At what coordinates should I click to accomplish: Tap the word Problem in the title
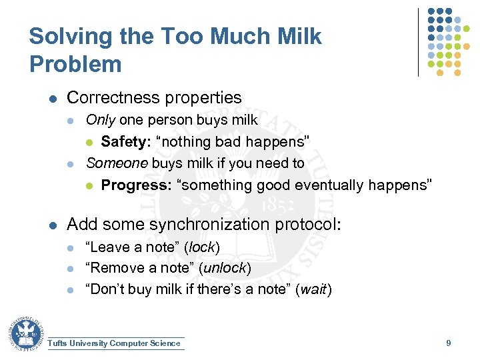[x=75, y=65]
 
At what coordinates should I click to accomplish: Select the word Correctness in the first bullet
[x=109, y=98]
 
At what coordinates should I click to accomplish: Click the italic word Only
[x=101, y=120]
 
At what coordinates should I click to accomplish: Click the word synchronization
[x=213, y=224]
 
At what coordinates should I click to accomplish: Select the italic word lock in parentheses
[x=202, y=247]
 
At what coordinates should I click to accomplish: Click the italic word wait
[x=313, y=289]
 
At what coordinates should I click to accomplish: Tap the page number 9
[x=449, y=343]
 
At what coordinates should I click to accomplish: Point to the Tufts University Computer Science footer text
[x=115, y=343]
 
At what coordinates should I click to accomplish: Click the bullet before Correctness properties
[x=53, y=99]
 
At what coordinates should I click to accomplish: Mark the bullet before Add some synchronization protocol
[x=53, y=225]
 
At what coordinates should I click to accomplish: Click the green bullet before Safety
[x=91, y=142]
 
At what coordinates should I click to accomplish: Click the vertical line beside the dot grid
[x=419, y=41]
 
